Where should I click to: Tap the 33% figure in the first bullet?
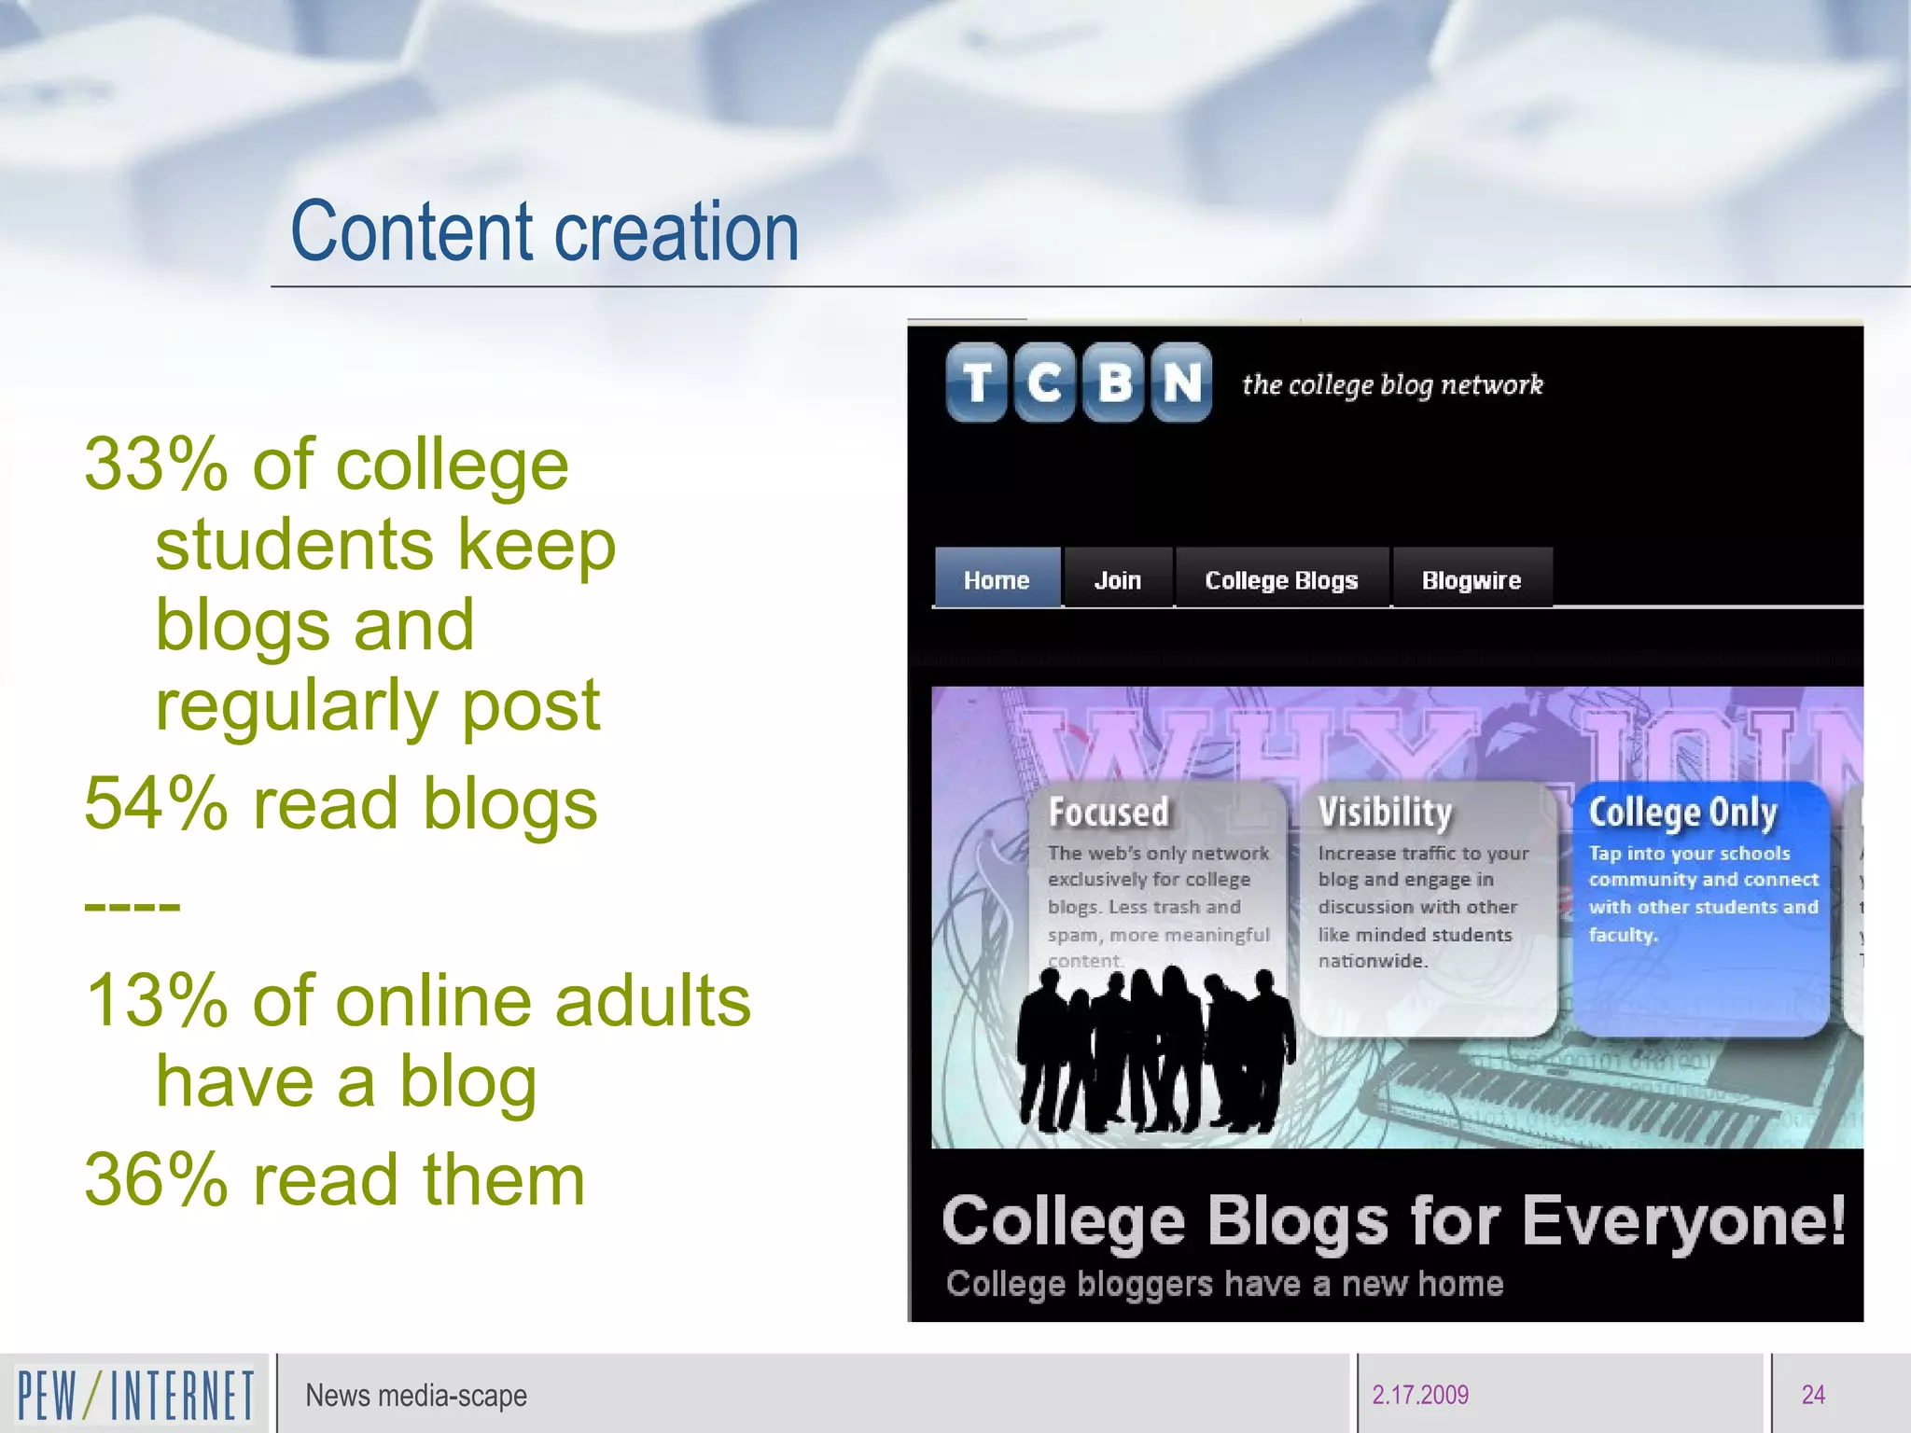(156, 464)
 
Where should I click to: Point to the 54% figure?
(156, 803)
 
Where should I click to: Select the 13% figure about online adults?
(156, 1001)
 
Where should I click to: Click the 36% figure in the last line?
(156, 1180)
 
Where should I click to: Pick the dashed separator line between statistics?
(132, 905)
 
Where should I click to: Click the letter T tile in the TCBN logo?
(976, 383)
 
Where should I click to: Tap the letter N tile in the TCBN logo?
(1181, 383)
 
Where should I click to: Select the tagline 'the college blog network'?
(1392, 384)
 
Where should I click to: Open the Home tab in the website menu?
(997, 579)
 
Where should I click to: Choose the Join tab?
(1117, 579)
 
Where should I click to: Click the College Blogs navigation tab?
(1281, 579)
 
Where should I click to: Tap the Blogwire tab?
(1472, 579)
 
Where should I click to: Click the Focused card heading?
(1109, 812)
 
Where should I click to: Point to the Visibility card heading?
(1385, 812)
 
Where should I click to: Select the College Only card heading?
(1682, 812)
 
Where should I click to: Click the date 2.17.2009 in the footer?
(1419, 1395)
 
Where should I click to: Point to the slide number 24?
(1813, 1395)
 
